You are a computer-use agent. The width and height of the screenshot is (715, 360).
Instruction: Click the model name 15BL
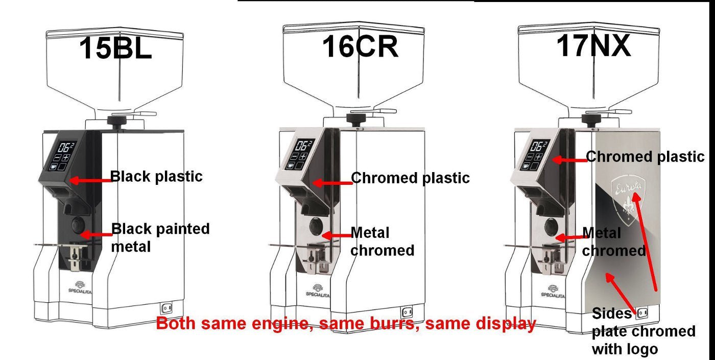(x=115, y=48)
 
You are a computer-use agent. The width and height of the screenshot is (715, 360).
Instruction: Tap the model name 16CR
(x=361, y=46)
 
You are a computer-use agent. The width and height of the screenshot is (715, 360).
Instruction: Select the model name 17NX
(x=593, y=45)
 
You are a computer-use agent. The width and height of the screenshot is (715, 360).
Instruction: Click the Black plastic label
(x=156, y=177)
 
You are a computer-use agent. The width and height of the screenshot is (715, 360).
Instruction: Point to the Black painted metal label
(x=160, y=238)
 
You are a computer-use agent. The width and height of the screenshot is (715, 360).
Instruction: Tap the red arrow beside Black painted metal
(x=96, y=235)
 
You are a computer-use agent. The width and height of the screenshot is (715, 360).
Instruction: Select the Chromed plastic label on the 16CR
(x=410, y=178)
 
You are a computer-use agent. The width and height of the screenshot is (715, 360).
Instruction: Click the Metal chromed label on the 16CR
(x=382, y=242)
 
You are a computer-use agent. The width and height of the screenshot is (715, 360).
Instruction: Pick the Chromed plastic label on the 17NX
(x=645, y=157)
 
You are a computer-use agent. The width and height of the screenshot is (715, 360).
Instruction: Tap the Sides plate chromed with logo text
(x=643, y=331)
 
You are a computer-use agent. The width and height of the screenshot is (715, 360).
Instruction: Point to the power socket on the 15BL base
(x=167, y=308)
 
